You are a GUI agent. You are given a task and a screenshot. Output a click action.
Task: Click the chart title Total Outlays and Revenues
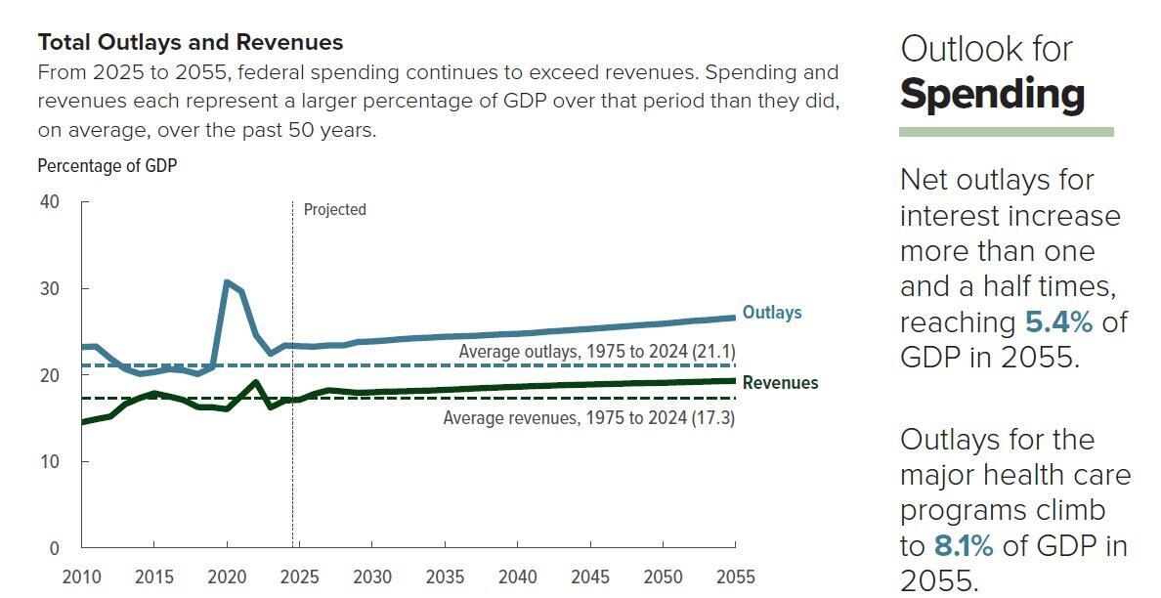coord(191,43)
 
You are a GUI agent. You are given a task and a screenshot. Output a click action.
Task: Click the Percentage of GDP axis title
coord(107,166)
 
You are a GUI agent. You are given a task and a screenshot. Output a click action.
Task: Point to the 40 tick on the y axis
coord(49,202)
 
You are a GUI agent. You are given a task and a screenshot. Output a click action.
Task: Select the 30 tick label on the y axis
coord(49,288)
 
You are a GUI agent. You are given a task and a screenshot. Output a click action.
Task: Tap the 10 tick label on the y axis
coord(49,461)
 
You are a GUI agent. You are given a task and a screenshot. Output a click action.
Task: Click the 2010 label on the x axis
coord(81,577)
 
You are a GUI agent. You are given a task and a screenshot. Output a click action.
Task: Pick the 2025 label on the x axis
coord(299,577)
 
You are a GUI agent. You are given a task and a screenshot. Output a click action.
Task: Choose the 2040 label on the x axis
coord(517,577)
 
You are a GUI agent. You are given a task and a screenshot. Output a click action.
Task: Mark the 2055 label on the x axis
coord(735,577)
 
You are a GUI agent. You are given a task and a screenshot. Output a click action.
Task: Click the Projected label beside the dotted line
coord(334,209)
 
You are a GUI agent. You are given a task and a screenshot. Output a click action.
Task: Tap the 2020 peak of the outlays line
coord(227,282)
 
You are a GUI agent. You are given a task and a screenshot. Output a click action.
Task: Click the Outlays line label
coord(772,313)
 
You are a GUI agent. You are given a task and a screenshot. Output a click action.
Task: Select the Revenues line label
coord(780,383)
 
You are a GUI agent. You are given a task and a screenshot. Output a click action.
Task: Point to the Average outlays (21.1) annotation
coord(596,351)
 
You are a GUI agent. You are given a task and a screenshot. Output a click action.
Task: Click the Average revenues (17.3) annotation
coord(588,418)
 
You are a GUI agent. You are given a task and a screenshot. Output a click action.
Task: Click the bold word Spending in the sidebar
coord(992,95)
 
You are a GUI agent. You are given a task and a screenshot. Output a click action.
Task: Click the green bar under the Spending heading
coord(1006,132)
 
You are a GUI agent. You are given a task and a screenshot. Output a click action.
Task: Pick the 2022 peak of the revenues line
coord(256,382)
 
